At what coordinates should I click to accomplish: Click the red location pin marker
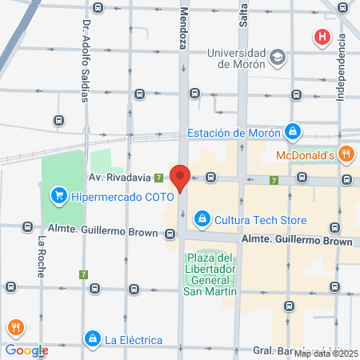click(181, 178)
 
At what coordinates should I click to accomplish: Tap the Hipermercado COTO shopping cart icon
click(58, 194)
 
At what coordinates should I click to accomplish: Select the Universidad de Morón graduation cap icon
click(277, 58)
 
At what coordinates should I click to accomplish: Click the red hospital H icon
click(322, 37)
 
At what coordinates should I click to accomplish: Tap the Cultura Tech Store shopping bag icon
click(202, 217)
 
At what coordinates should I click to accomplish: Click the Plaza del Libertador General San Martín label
click(210, 274)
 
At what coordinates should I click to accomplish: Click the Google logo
click(26, 350)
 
